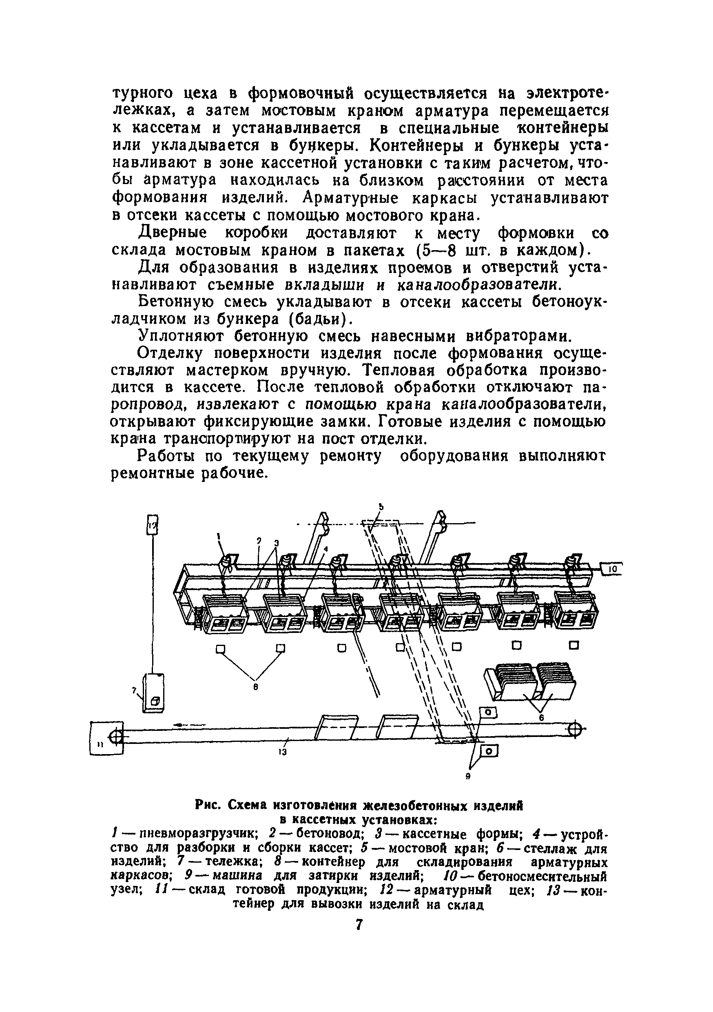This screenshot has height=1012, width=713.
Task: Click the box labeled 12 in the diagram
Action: (152, 524)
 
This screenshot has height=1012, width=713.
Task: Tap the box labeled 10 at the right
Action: (612, 570)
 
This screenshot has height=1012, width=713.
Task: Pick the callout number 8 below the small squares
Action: (255, 686)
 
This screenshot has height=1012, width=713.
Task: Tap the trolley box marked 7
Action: (153, 692)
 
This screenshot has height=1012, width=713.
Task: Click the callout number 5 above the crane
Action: (382, 507)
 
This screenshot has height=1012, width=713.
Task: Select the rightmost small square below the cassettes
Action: (573, 645)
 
